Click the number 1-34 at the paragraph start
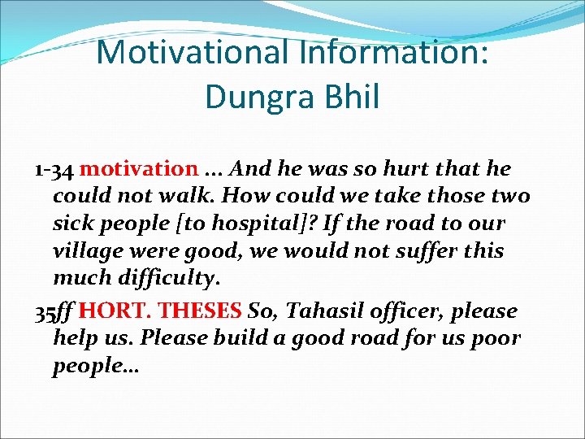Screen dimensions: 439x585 [x=54, y=169]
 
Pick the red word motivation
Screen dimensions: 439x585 [x=139, y=169]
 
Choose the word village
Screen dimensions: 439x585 [x=87, y=251]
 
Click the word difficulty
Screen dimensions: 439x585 [x=168, y=279]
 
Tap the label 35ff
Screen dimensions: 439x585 [x=54, y=311]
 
